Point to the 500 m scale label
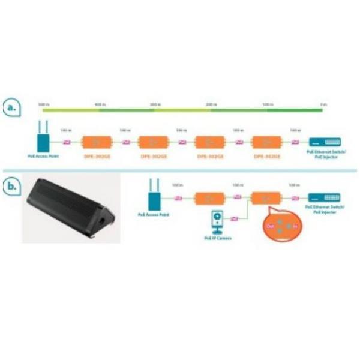pyautogui.click(x=43, y=104)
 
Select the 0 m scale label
pyautogui.click(x=323, y=104)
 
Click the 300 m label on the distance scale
pyautogui.click(x=155, y=104)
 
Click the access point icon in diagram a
pyautogui.click(x=43, y=142)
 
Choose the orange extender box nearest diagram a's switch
pyautogui.click(x=266, y=142)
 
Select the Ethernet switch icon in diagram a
pyautogui.click(x=324, y=143)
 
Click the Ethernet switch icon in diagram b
pyautogui.click(x=324, y=197)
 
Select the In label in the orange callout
pyautogui.click(x=295, y=226)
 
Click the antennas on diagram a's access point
pyautogui.click(x=43, y=128)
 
